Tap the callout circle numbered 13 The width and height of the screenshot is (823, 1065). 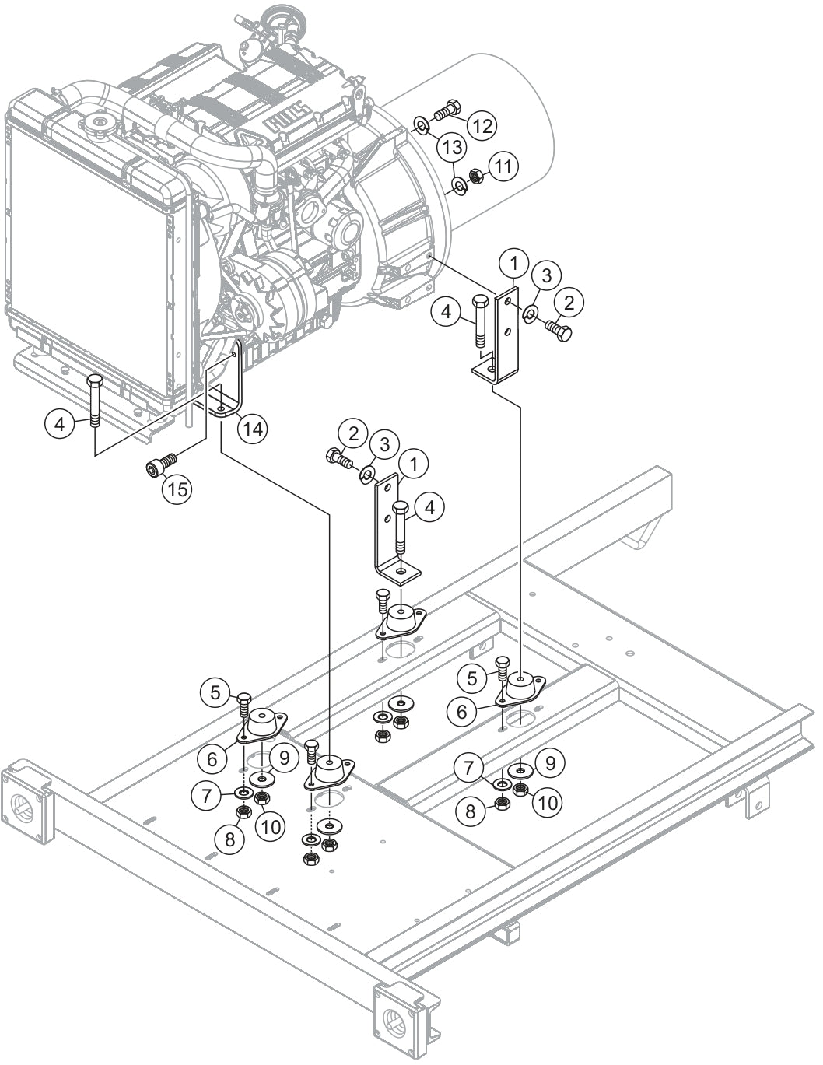tap(453, 147)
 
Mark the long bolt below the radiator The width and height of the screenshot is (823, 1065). tap(95, 401)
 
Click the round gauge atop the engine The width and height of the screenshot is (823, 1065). tap(276, 16)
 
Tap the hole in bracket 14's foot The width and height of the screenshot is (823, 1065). tap(222, 407)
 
